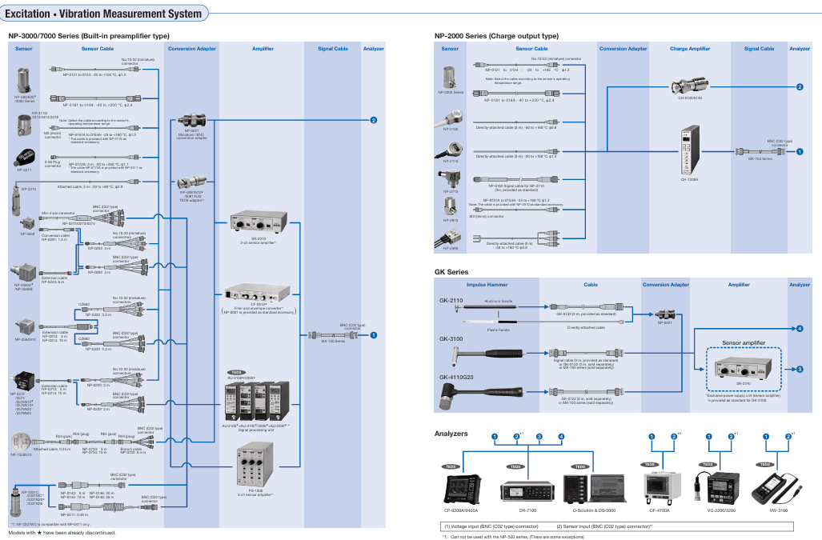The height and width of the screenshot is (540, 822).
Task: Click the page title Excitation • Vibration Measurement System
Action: click(104, 14)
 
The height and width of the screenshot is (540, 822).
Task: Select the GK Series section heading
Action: click(451, 272)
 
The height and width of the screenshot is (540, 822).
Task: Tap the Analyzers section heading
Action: click(451, 433)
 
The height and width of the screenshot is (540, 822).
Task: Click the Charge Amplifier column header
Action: click(689, 49)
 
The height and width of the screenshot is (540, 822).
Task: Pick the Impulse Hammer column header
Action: click(487, 284)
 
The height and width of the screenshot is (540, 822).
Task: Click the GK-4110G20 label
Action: click(456, 377)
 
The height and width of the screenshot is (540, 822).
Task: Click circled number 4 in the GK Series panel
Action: click(799, 329)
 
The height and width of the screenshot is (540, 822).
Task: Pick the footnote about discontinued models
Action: click(62, 532)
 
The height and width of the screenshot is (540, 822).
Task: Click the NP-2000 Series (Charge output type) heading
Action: click(496, 36)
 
